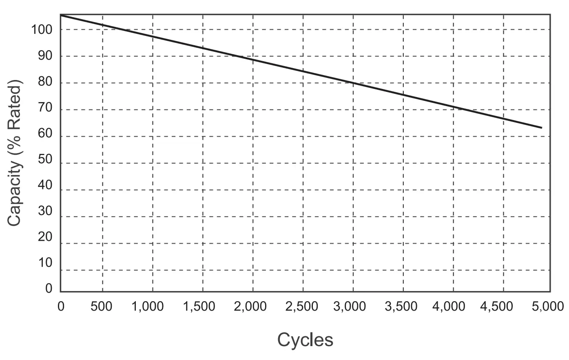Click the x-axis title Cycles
pyautogui.click(x=305, y=340)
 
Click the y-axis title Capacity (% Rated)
pyautogui.click(x=15, y=154)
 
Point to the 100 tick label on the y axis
pyautogui.click(x=42, y=29)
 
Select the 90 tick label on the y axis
pyautogui.click(x=45, y=56)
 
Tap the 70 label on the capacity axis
pyautogui.click(x=45, y=108)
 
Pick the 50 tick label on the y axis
pyautogui.click(x=45, y=160)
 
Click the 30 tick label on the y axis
pyautogui.click(x=45, y=211)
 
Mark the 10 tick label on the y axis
pyautogui.click(x=45, y=263)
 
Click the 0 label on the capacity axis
pyautogui.click(x=49, y=289)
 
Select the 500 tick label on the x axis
pyautogui.click(x=102, y=306)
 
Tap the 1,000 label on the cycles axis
pyautogui.click(x=148, y=306)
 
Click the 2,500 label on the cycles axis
pyautogui.click(x=302, y=306)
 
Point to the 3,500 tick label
pyautogui.click(x=401, y=306)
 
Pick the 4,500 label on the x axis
pyautogui.click(x=497, y=306)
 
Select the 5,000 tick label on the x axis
pyautogui.click(x=547, y=306)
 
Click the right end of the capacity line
pyautogui.click(x=542, y=128)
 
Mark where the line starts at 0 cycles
pyautogui.click(x=61, y=15)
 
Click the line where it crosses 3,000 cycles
pyautogui.click(x=353, y=83)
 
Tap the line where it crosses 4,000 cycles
pyautogui.click(x=454, y=107)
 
